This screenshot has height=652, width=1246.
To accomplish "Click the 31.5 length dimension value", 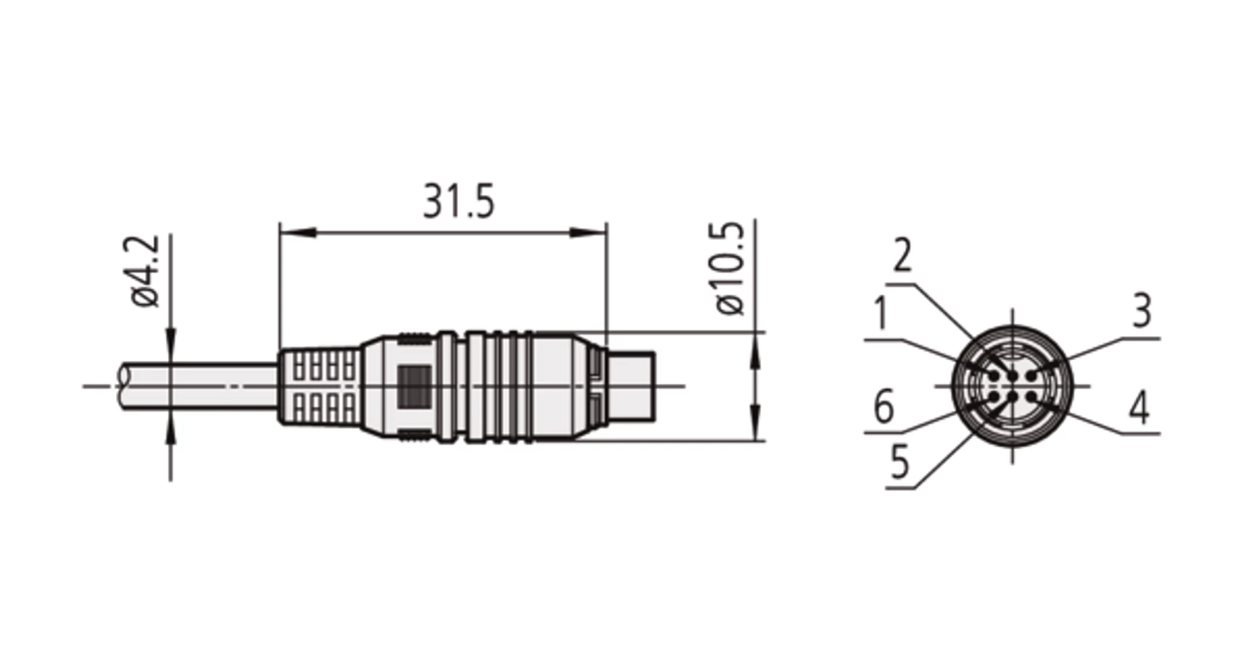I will [x=459, y=201].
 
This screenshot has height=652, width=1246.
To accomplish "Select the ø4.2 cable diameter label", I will [x=146, y=272].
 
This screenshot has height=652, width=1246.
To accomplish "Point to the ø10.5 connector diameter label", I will [x=731, y=268].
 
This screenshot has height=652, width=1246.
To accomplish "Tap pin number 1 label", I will [x=880, y=313].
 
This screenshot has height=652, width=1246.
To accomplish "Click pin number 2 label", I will [x=902, y=255].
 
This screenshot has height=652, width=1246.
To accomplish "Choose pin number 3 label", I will [x=1142, y=311].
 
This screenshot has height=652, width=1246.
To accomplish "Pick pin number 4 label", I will [x=1139, y=407].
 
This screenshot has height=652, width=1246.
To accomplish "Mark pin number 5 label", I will [x=899, y=461].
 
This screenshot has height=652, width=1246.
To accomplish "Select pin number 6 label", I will [x=884, y=406].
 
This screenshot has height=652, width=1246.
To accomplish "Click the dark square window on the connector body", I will [x=415, y=385].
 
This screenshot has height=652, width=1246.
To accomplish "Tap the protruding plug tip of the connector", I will [x=631, y=385].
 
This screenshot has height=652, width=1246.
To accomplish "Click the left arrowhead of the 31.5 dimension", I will [x=297, y=233].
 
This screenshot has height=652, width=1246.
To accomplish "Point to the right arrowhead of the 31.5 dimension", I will [x=589, y=233].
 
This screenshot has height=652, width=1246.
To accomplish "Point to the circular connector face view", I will [x=1012, y=385].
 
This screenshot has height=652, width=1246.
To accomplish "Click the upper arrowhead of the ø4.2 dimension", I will [x=171, y=346].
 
